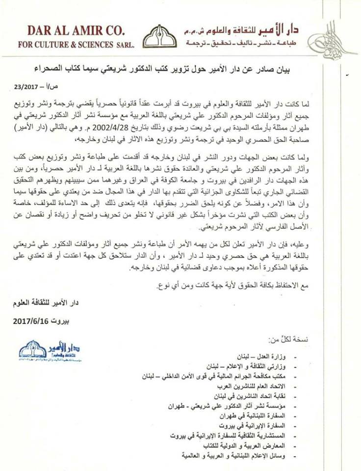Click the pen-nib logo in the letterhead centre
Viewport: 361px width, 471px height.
(160, 36)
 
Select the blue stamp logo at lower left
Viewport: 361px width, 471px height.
(49, 351)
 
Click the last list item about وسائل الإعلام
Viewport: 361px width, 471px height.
(225, 456)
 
